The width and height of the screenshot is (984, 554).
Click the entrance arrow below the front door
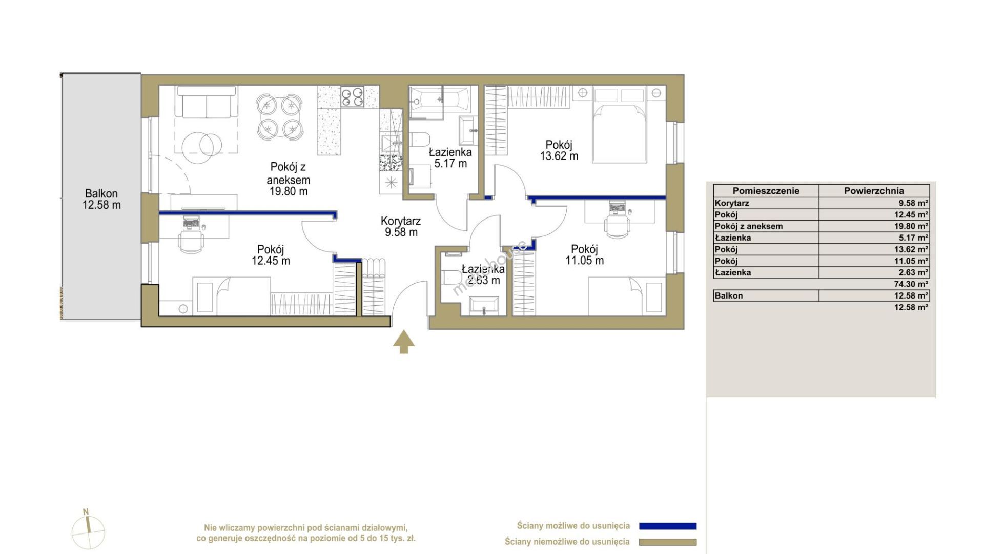[404, 342]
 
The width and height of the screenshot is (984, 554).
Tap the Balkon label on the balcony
[101, 194]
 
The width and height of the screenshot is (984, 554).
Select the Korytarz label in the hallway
[401, 221]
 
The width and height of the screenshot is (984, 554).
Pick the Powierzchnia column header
[874, 191]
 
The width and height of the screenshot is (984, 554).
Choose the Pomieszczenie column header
[766, 191]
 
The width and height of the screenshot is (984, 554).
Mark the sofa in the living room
[207, 102]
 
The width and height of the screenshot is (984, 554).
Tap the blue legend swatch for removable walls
[668, 526]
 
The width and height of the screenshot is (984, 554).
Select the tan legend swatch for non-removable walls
[668, 542]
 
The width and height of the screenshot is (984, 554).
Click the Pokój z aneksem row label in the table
[749, 226]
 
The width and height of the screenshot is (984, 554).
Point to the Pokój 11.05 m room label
[585, 254]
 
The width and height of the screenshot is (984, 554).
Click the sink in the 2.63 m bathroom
[483, 306]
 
